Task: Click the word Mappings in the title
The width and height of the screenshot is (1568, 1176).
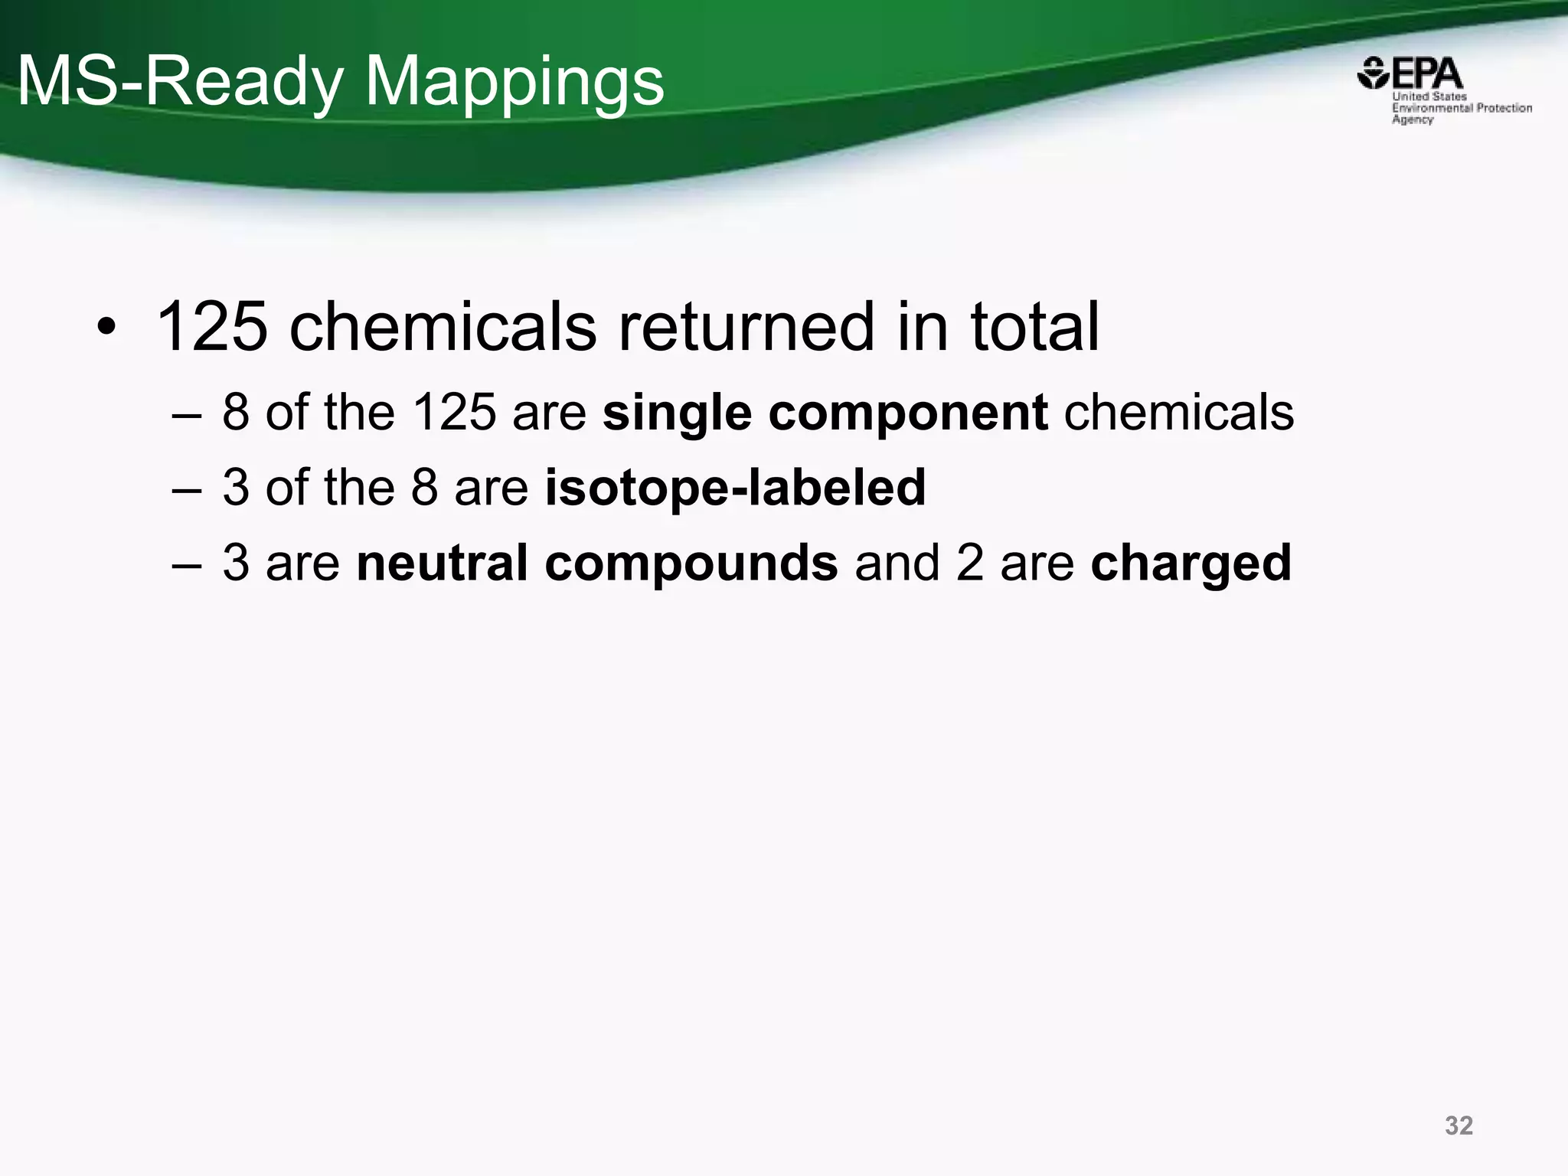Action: [514, 83]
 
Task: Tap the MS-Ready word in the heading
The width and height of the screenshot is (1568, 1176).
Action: [179, 83]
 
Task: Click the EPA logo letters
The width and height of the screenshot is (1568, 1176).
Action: [1426, 74]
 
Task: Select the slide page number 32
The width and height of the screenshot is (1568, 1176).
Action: [1459, 1125]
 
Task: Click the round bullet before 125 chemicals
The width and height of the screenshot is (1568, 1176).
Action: [106, 329]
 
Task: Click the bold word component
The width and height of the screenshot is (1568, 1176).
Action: [907, 413]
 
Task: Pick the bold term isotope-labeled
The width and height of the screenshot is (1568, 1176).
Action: [735, 487]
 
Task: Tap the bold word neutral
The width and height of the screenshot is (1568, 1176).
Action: [442, 563]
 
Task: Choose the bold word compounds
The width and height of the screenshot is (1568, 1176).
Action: [691, 563]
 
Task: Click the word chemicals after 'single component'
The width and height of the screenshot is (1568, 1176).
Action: [1179, 413]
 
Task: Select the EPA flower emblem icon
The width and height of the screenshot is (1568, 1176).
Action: [1374, 73]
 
